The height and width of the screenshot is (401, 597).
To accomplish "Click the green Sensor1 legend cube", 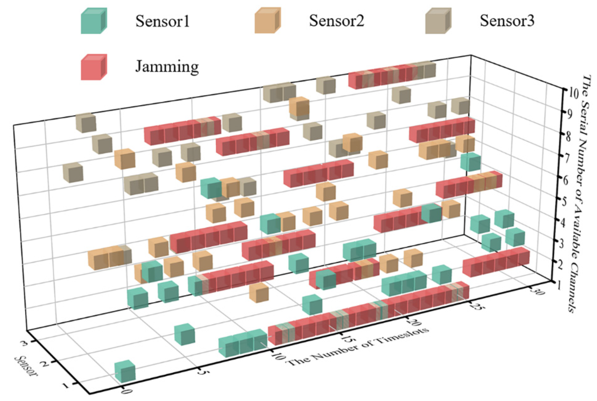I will coord(94,21).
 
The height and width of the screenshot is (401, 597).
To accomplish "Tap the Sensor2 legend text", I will coord(336,21).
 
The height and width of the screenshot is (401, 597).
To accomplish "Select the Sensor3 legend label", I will coord(507,21).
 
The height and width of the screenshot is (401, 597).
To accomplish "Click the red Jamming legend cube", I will coord(94,67).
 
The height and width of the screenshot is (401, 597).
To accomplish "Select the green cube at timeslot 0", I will coord(125,371).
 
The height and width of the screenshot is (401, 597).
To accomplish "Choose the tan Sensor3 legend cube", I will coord(438,21).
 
